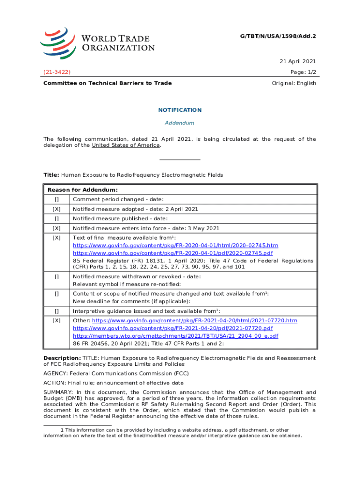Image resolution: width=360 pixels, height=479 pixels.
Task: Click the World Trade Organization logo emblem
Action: tap(58, 43)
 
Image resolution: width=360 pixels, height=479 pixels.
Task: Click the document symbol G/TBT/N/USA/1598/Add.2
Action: tap(279, 35)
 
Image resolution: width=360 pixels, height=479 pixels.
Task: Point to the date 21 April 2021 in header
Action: tap(298, 61)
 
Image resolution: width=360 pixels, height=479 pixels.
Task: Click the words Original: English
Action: tap(294, 83)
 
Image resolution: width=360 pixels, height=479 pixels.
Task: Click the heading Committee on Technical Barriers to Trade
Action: tap(108, 83)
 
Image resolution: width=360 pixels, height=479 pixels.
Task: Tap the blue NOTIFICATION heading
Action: tap(180, 110)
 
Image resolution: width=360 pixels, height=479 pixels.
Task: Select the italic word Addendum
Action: tap(180, 123)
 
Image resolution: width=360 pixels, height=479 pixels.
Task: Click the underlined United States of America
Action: tap(126, 145)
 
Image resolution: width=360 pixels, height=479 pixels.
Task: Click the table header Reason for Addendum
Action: tap(82, 190)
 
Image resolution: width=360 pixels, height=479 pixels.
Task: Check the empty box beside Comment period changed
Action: tap(57, 200)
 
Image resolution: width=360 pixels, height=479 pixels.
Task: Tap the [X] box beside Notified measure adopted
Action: tap(57, 209)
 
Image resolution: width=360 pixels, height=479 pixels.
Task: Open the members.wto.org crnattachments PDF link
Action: tap(176, 336)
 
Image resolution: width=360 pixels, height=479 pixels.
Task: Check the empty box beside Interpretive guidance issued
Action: tap(57, 311)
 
